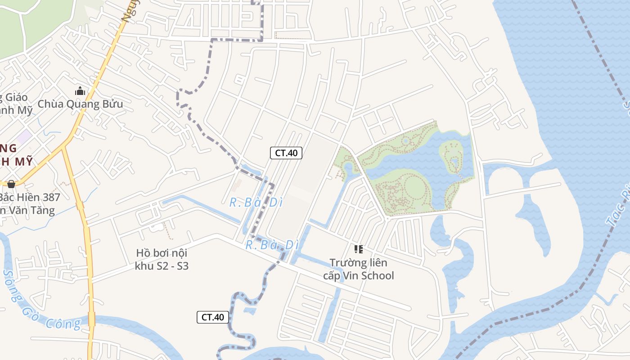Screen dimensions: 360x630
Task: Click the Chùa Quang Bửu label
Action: point(80,104)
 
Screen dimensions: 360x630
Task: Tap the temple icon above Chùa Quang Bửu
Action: point(80,91)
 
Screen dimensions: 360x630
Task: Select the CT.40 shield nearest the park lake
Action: point(286,153)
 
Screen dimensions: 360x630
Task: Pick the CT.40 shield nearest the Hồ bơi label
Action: point(213,317)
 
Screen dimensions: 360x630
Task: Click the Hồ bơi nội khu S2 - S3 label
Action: point(162,259)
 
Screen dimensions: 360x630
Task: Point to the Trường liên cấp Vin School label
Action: point(358,269)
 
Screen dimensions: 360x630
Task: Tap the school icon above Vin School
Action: point(358,249)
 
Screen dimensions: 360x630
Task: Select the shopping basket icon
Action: point(11,184)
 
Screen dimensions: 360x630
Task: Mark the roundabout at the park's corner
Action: point(387,218)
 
